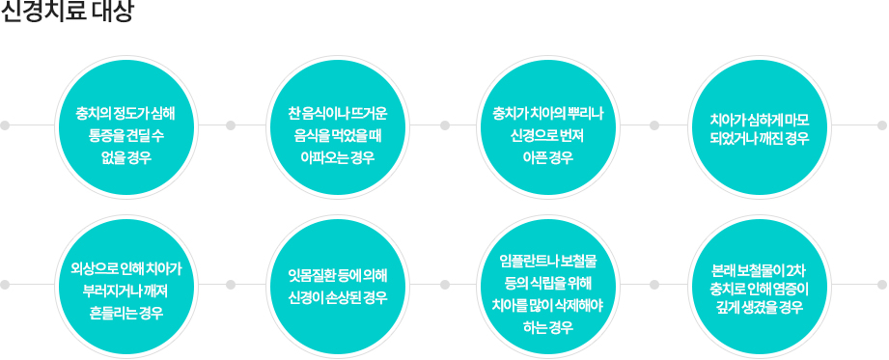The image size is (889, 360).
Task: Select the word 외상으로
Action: click(x=87, y=266)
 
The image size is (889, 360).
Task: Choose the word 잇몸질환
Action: click(x=308, y=277)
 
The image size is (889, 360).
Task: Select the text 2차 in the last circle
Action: click(x=796, y=267)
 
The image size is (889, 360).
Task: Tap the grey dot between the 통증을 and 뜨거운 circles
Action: click(x=231, y=125)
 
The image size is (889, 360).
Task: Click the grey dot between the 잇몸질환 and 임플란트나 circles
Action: click(x=445, y=286)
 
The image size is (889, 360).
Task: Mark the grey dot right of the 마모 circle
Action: click(x=881, y=125)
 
